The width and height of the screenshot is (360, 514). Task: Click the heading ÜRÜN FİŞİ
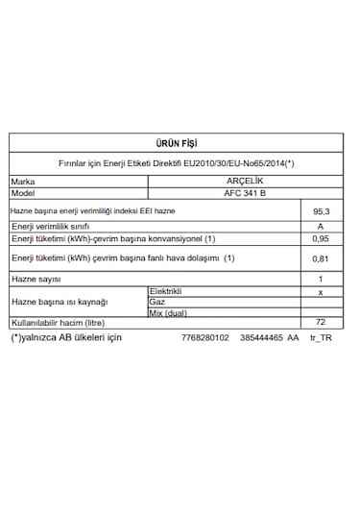tap(181, 141)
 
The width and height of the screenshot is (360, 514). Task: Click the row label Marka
tap(23, 180)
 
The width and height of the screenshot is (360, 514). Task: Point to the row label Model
tap(23, 192)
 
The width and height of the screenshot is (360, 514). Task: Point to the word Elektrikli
tap(166, 290)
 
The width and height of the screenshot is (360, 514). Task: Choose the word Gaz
tap(157, 302)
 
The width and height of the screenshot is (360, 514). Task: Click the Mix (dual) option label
tap(169, 313)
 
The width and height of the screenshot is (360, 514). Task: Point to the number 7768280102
tap(204, 338)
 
